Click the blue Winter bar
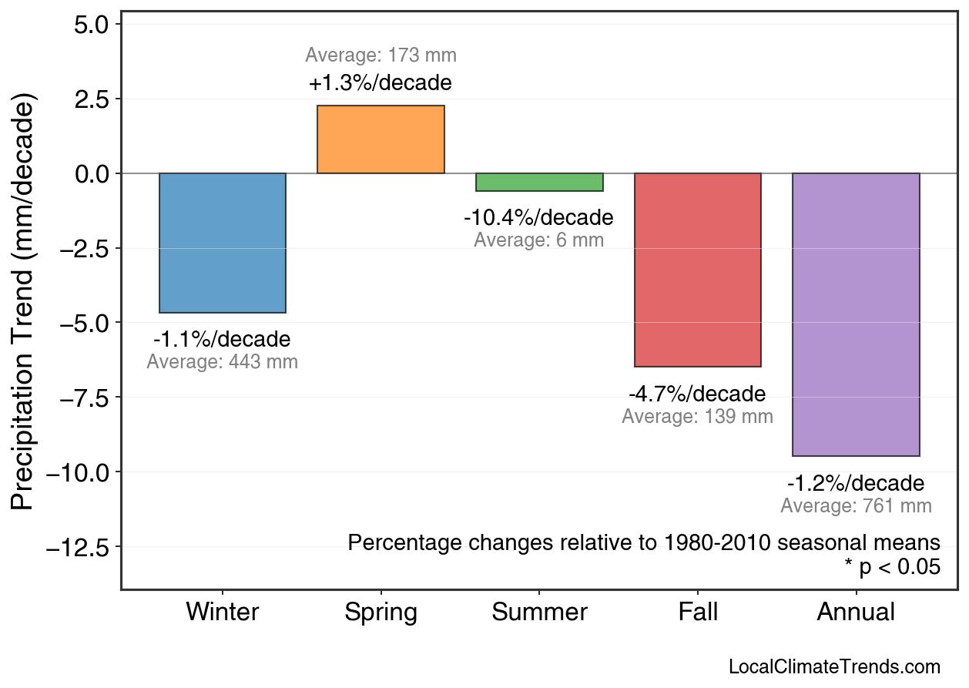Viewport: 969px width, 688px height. pos(223,243)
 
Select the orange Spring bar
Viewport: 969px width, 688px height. pos(381,139)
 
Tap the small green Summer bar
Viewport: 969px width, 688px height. pos(539,183)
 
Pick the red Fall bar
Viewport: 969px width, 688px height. pos(697,270)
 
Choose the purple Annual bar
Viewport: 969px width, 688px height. pos(856,314)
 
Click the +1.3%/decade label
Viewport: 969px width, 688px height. pos(381,83)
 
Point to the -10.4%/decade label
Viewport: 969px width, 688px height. pos(538,218)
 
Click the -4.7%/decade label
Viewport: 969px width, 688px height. pos(697,394)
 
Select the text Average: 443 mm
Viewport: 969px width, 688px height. pos(222,362)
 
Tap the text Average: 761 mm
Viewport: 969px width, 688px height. pos(856,506)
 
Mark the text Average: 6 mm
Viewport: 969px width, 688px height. pos(538,240)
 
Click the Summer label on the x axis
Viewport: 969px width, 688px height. pos(539,612)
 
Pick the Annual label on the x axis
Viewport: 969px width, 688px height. pos(856,612)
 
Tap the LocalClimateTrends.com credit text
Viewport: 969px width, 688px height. pos(833,667)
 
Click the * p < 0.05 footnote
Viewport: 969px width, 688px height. pos(892,567)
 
